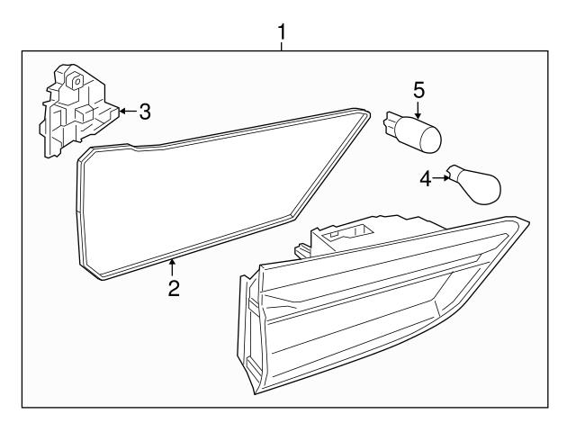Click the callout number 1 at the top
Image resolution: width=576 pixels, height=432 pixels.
(x=283, y=32)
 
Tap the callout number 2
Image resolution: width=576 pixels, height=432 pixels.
(x=173, y=289)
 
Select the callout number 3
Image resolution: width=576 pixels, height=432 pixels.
(x=144, y=112)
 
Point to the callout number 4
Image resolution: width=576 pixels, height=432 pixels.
(x=426, y=178)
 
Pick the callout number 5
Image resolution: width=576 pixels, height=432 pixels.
(x=418, y=90)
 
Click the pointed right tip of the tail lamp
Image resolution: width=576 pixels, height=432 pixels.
(x=526, y=220)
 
